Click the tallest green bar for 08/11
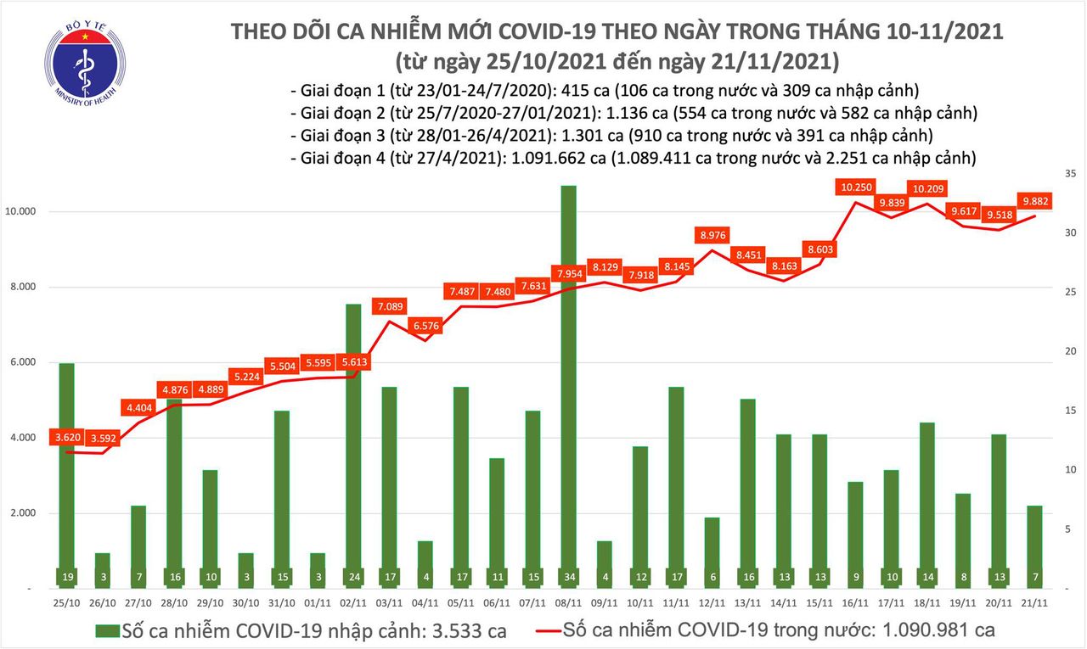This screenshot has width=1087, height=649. pos(569,382)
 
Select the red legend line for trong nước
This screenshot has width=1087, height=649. pos(557,630)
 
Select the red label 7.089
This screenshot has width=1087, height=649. pos(391,305)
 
